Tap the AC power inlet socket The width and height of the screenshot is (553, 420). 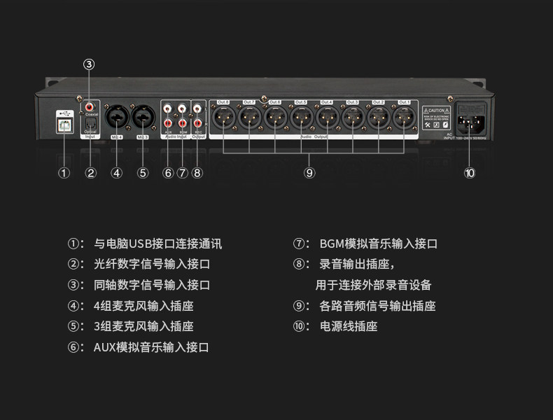click(470, 119)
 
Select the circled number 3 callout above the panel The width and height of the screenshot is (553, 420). click(89, 64)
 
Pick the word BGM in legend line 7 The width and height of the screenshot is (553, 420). click(331, 244)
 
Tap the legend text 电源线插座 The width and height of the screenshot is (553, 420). click(349, 326)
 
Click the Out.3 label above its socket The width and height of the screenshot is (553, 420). click(353, 102)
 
